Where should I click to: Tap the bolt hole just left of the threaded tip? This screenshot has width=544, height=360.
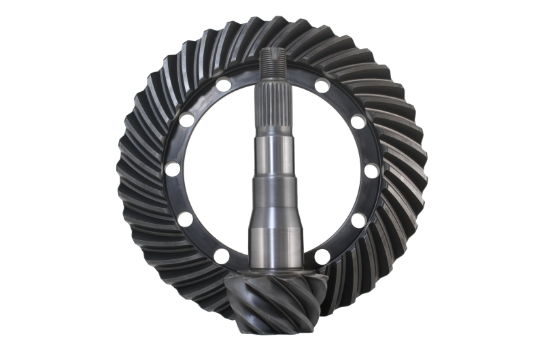tap(224, 86)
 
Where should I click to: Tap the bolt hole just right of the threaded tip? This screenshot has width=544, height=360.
tap(322, 86)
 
